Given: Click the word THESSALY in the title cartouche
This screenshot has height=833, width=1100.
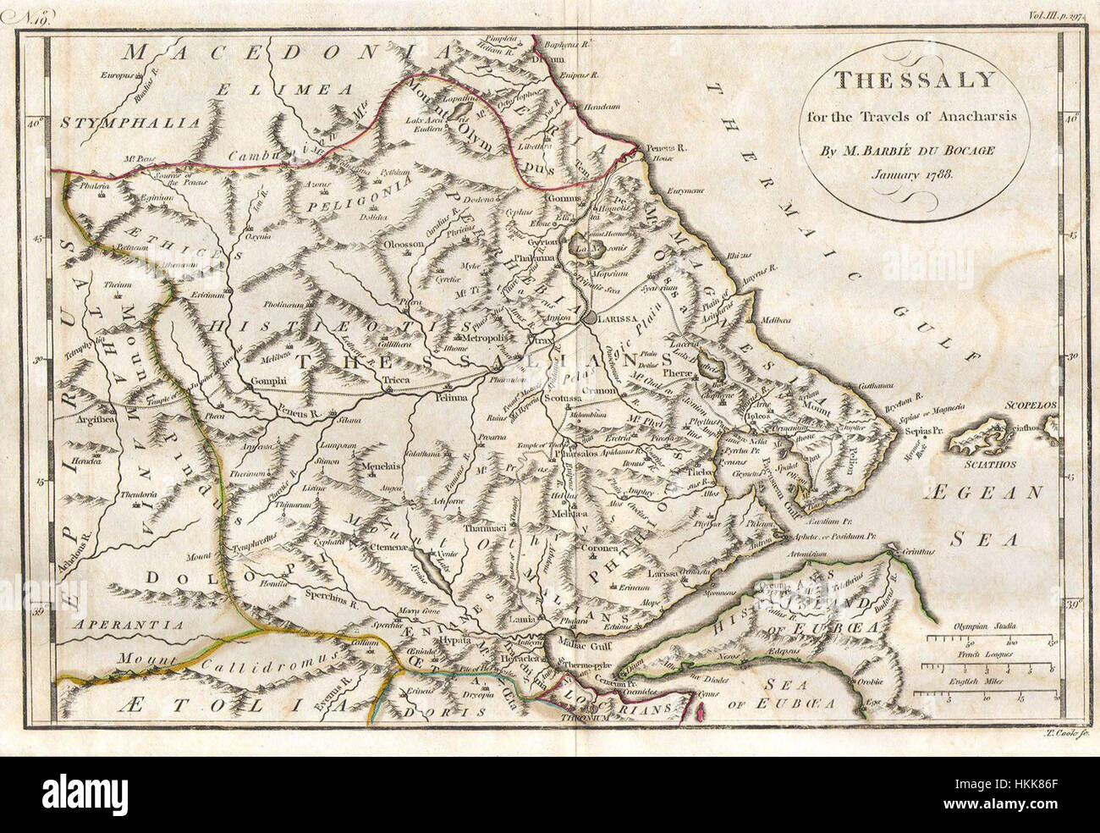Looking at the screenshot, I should [914, 80].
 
